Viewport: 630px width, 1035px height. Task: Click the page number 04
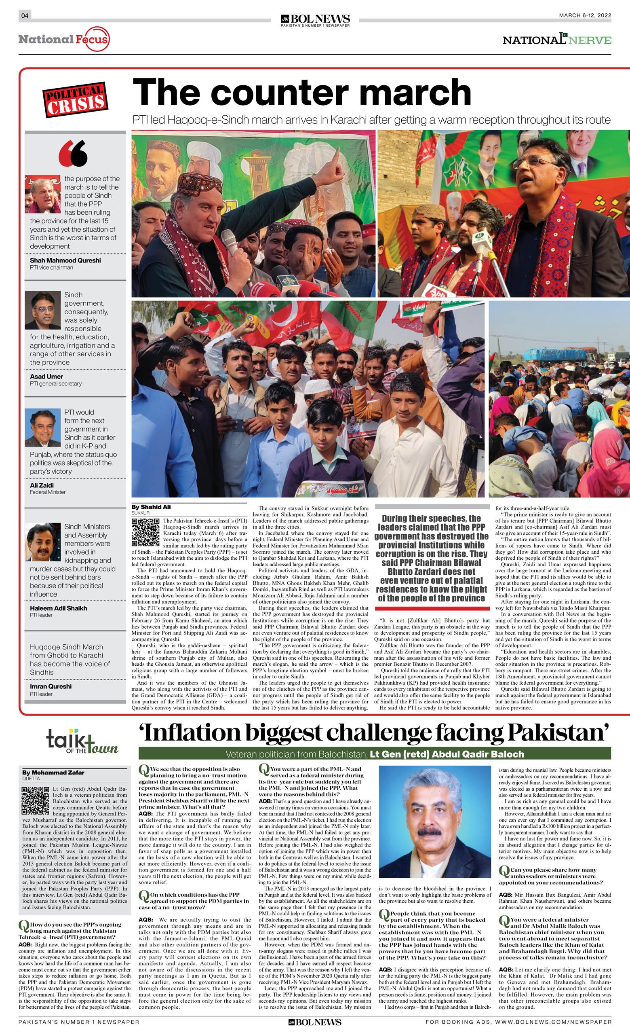pos(25,15)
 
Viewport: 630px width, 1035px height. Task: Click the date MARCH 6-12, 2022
pos(585,15)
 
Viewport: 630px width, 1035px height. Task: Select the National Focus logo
pos(64,40)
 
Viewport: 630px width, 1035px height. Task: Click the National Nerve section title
pos(556,40)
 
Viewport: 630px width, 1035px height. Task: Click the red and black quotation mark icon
pos(74,153)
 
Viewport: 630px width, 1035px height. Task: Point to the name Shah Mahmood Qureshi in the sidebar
pos(65,260)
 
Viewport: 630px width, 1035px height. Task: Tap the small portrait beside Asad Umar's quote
pos(42,310)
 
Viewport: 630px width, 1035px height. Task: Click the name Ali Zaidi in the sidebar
pos(42,485)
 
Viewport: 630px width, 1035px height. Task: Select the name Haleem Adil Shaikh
pos(58,608)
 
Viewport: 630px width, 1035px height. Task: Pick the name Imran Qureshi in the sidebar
pos(51,686)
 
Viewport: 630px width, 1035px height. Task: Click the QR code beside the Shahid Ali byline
pos(145,532)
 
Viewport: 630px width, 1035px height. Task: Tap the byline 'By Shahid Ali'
pos(151,507)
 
